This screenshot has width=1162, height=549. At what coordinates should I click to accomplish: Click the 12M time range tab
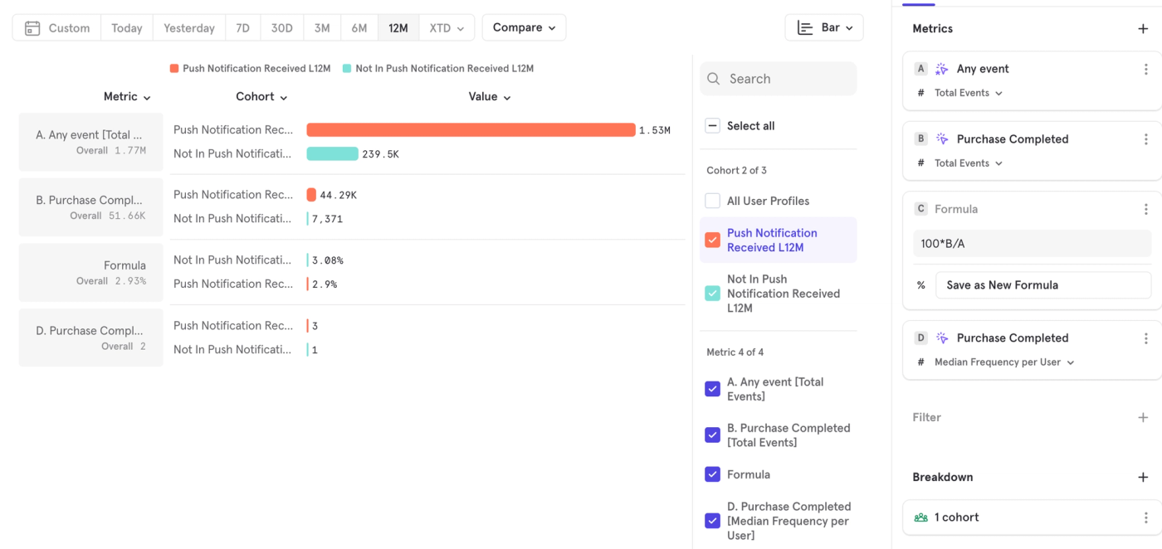[398, 28]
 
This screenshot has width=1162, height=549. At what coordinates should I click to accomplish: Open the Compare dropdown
[524, 27]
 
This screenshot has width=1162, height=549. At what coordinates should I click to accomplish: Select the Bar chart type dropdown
[823, 27]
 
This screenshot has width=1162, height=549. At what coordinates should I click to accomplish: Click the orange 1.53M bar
[471, 129]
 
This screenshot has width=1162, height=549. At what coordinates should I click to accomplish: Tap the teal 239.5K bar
[332, 153]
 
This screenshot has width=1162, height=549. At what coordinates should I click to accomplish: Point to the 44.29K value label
[339, 195]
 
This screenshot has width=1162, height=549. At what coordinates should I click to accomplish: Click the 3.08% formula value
[327, 260]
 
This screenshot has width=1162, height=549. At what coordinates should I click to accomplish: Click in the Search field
[779, 79]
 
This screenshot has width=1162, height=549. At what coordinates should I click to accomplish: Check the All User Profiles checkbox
[712, 201]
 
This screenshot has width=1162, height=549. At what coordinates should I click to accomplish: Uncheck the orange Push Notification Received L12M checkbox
[712, 240]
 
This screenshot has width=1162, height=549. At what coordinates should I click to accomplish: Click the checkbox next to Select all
[712, 125]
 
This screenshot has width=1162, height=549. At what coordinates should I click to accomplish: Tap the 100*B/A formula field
[1032, 244]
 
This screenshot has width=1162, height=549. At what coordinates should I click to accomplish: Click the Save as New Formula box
[1042, 285]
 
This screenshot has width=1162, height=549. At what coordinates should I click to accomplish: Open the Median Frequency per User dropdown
[1004, 362]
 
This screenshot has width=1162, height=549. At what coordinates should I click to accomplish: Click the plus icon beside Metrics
[1143, 28]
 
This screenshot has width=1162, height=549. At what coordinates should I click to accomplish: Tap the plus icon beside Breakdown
[1143, 477]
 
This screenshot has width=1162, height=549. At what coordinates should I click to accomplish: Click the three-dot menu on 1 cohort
[1146, 517]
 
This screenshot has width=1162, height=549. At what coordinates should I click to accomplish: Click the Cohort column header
[261, 97]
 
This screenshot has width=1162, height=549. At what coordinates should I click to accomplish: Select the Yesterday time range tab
[189, 28]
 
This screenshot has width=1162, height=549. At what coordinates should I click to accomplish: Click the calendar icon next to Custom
[32, 28]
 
